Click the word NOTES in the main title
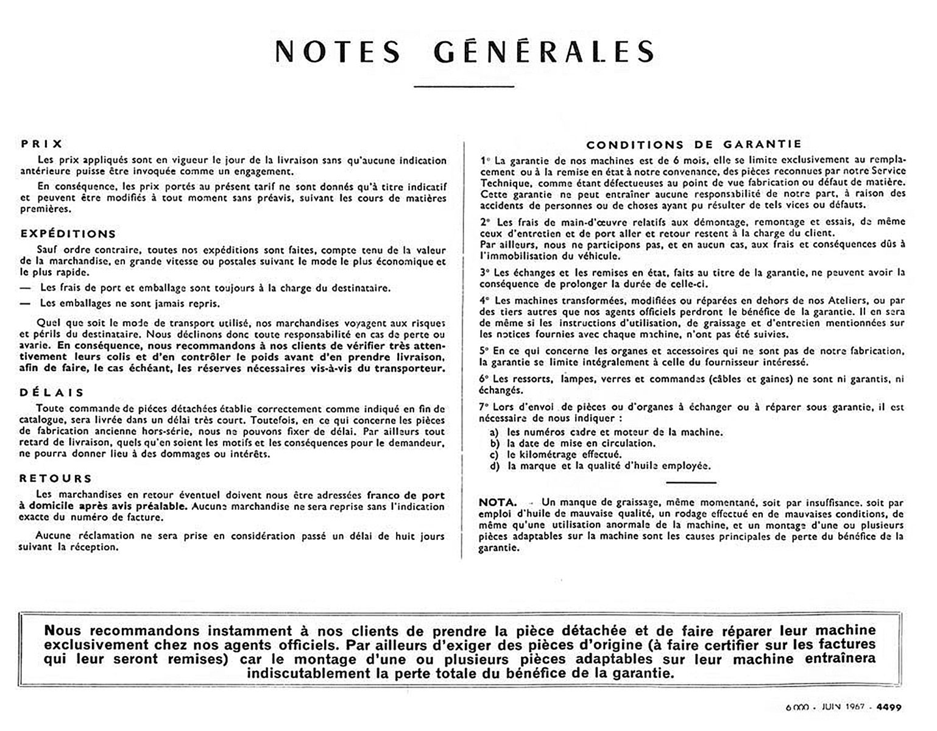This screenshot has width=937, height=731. point(338,52)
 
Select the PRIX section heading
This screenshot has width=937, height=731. point(41,144)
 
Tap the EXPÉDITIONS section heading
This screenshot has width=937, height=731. point(68,234)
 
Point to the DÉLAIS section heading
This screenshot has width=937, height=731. point(52,393)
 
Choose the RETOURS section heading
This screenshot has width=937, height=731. point(55,479)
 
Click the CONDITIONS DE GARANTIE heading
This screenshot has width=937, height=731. point(693,145)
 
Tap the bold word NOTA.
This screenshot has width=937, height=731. point(497,503)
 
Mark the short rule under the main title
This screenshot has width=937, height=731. point(464,87)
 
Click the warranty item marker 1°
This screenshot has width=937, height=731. point(485,161)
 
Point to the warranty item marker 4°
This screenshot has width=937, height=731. point(485,300)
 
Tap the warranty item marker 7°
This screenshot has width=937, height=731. point(485,407)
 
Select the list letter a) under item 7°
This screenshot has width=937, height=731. point(495,433)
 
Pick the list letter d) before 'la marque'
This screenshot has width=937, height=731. point(495,466)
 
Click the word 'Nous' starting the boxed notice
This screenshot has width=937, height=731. point(62,630)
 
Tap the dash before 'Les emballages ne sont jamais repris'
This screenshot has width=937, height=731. point(25,303)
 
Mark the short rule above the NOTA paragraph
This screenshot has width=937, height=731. point(691,482)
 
